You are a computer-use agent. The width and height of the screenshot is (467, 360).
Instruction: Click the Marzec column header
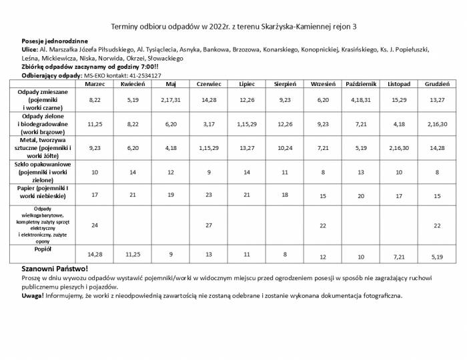95,84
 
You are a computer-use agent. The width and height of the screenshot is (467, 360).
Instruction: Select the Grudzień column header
437,84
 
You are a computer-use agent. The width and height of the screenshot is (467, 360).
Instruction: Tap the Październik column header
362,84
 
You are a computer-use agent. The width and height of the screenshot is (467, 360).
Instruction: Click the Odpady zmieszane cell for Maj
171,99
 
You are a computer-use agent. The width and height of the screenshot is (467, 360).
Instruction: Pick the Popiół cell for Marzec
95,255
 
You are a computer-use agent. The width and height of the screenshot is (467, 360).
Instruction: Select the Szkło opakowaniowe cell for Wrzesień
323,172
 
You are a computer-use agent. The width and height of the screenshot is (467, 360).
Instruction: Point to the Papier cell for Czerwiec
209,195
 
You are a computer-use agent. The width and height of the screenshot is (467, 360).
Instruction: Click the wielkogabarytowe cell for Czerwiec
209,225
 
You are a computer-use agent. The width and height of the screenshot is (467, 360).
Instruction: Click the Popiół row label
43,249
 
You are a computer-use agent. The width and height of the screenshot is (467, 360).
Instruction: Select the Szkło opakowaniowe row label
43,172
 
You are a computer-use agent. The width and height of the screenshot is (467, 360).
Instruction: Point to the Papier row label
43,193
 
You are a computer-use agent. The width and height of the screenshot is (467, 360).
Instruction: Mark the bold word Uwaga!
33,295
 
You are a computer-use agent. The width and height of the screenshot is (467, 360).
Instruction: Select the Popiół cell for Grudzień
437,256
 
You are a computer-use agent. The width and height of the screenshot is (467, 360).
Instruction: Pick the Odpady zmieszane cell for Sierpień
285,99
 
